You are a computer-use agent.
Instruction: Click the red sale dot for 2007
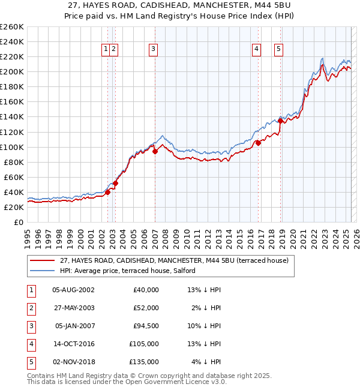155,151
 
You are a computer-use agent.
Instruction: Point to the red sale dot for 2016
259,143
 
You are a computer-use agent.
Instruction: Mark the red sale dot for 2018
280,121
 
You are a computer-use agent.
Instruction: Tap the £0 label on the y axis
19,222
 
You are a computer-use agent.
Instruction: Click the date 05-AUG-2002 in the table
73,290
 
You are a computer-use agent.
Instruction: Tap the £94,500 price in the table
146,327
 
